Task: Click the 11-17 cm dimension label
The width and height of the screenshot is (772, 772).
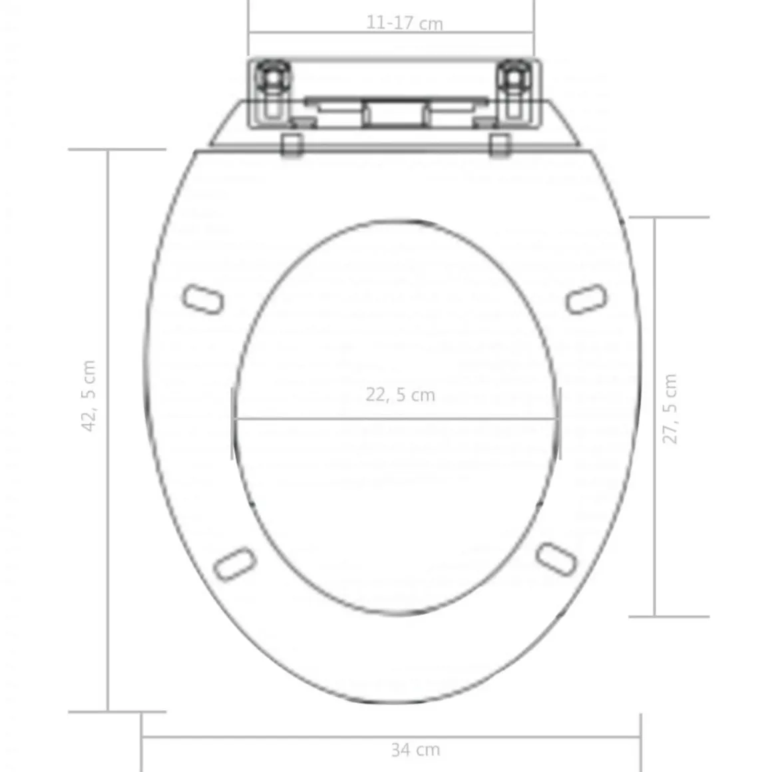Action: (x=404, y=23)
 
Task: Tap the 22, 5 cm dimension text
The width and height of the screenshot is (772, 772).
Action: (x=400, y=395)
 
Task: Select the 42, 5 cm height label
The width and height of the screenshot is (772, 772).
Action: (x=89, y=396)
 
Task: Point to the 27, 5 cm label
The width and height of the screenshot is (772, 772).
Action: (x=670, y=409)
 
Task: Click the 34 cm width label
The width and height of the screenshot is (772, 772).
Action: (x=415, y=749)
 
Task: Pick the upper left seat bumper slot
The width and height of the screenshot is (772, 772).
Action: (x=203, y=299)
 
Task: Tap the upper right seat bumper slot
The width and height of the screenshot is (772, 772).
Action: (x=586, y=299)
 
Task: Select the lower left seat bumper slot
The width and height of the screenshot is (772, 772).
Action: (x=236, y=563)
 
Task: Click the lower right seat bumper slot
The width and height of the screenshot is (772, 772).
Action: (x=556, y=559)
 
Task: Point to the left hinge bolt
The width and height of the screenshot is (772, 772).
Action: (x=270, y=79)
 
